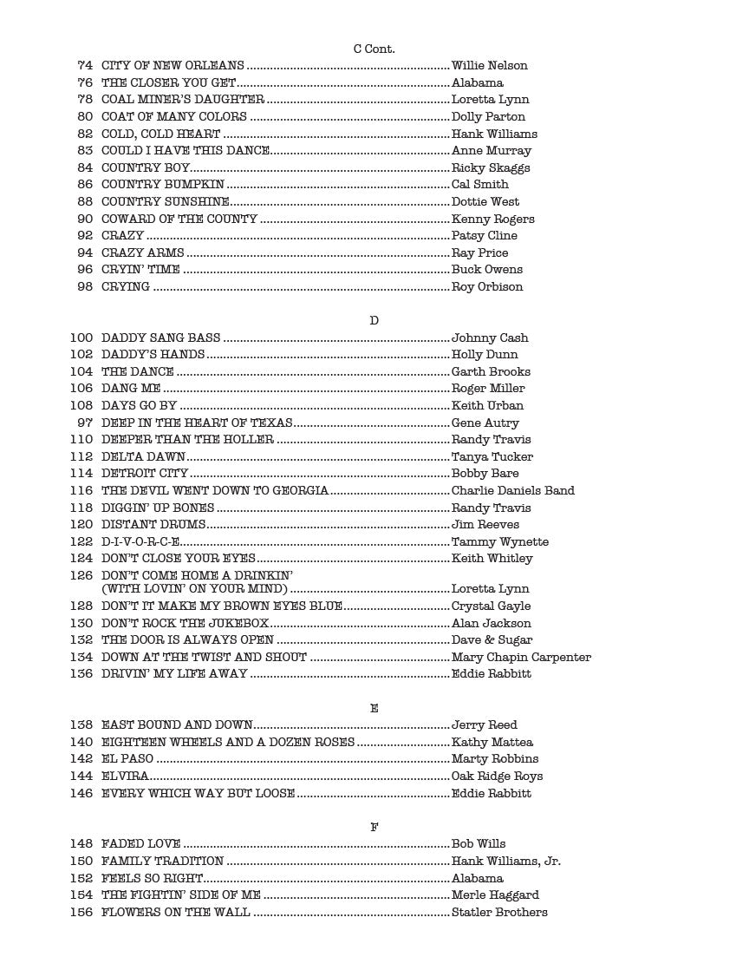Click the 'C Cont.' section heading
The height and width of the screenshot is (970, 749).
pyautogui.click(x=374, y=49)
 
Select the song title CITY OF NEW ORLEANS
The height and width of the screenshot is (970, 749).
pyautogui.click(x=173, y=66)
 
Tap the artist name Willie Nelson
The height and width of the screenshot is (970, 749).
pyautogui.click(x=489, y=66)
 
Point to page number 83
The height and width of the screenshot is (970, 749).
pyautogui.click(x=85, y=151)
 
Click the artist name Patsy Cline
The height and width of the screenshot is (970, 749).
pyautogui.click(x=484, y=236)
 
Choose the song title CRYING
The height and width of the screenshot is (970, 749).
pyautogui.click(x=126, y=287)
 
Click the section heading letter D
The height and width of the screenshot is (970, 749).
pyautogui.click(x=374, y=321)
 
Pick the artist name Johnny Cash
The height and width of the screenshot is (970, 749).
pyautogui.click(x=490, y=338)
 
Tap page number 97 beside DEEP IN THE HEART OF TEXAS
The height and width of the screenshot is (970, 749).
pyautogui.click(x=85, y=423)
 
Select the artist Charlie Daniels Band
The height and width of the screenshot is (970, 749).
pyautogui.click(x=512, y=491)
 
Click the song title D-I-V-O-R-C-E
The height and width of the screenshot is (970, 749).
pyautogui.click(x=140, y=542)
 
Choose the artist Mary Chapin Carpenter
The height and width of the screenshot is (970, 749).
pyautogui.click(x=521, y=658)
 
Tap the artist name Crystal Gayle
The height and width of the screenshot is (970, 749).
pyautogui.click(x=491, y=606)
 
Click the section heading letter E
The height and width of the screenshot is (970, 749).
pyautogui.click(x=374, y=709)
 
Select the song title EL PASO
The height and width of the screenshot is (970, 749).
pyautogui.click(x=127, y=759)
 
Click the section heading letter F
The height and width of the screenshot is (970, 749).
pyautogui.click(x=374, y=828)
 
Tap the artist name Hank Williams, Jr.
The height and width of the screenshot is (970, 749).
pyautogui.click(x=506, y=862)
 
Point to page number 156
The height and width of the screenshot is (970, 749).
pyautogui.click(x=81, y=913)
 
